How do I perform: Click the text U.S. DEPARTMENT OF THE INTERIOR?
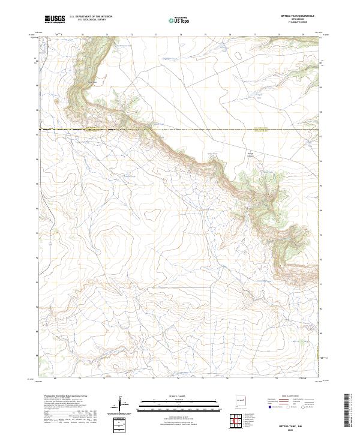pyautogui.click(x=91, y=17)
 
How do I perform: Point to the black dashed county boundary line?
pyautogui.click(x=180, y=129)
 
